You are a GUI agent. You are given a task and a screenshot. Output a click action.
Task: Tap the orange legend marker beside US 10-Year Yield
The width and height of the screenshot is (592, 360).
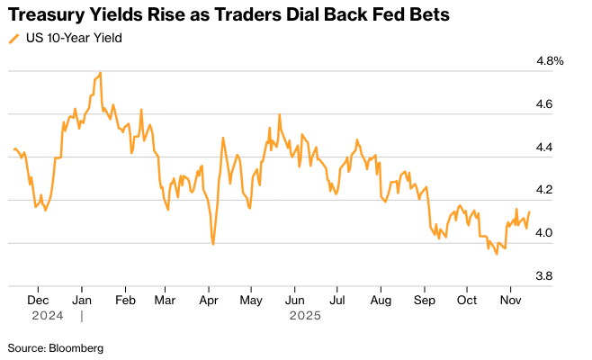point(13,39)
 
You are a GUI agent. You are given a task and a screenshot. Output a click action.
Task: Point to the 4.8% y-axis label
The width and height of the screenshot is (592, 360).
point(549,61)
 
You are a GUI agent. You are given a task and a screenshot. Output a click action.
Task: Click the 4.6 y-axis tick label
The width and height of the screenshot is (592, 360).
point(545,104)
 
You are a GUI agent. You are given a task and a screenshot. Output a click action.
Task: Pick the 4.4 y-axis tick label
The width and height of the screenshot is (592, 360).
point(545,148)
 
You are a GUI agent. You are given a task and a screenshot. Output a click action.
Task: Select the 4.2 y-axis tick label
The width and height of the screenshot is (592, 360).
point(545,190)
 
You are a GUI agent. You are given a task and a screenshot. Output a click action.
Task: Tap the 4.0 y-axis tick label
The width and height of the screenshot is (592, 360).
point(545,233)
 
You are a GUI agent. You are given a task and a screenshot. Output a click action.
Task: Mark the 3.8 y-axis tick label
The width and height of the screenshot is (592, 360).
point(545,276)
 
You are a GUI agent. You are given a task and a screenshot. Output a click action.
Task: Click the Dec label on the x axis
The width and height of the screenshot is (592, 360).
point(38,300)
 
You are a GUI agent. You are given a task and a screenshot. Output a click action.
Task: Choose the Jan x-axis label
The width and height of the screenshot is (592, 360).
point(82,300)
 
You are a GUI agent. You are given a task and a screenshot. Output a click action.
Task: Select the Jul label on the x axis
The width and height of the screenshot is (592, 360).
point(336,300)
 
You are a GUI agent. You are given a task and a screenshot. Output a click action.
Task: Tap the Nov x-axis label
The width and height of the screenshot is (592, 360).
point(510,300)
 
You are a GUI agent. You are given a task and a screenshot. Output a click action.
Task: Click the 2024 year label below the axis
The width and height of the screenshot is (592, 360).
point(46,316)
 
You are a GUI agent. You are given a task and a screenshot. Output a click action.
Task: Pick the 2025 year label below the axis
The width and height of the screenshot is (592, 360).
point(305,316)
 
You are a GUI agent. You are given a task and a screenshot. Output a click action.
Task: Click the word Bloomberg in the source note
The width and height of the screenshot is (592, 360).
point(76,347)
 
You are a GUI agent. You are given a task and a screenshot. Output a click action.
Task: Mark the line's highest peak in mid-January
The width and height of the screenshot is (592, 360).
point(101,73)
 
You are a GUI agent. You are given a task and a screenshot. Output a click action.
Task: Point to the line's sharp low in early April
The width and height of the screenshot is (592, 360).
point(213,244)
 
